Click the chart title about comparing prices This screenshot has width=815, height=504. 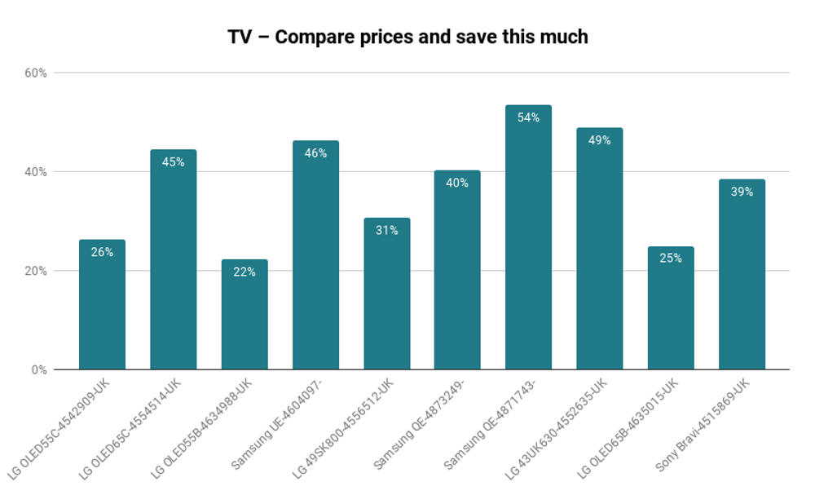[407, 38]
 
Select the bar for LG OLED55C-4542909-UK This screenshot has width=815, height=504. [102, 306]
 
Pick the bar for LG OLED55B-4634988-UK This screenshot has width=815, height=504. [244, 318]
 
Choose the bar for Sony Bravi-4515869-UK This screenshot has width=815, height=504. [742, 277]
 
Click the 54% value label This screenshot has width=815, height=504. [528, 117]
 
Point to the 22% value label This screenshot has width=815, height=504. [244, 272]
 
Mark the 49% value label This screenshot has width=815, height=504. [599, 140]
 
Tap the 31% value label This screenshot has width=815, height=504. [386, 231]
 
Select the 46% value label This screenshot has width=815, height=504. [315, 153]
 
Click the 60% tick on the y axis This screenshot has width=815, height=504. [37, 73]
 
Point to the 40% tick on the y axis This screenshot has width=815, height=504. [37, 172]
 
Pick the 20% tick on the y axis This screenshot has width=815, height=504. [37, 271]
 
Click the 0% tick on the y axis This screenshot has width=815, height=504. [39, 370]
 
